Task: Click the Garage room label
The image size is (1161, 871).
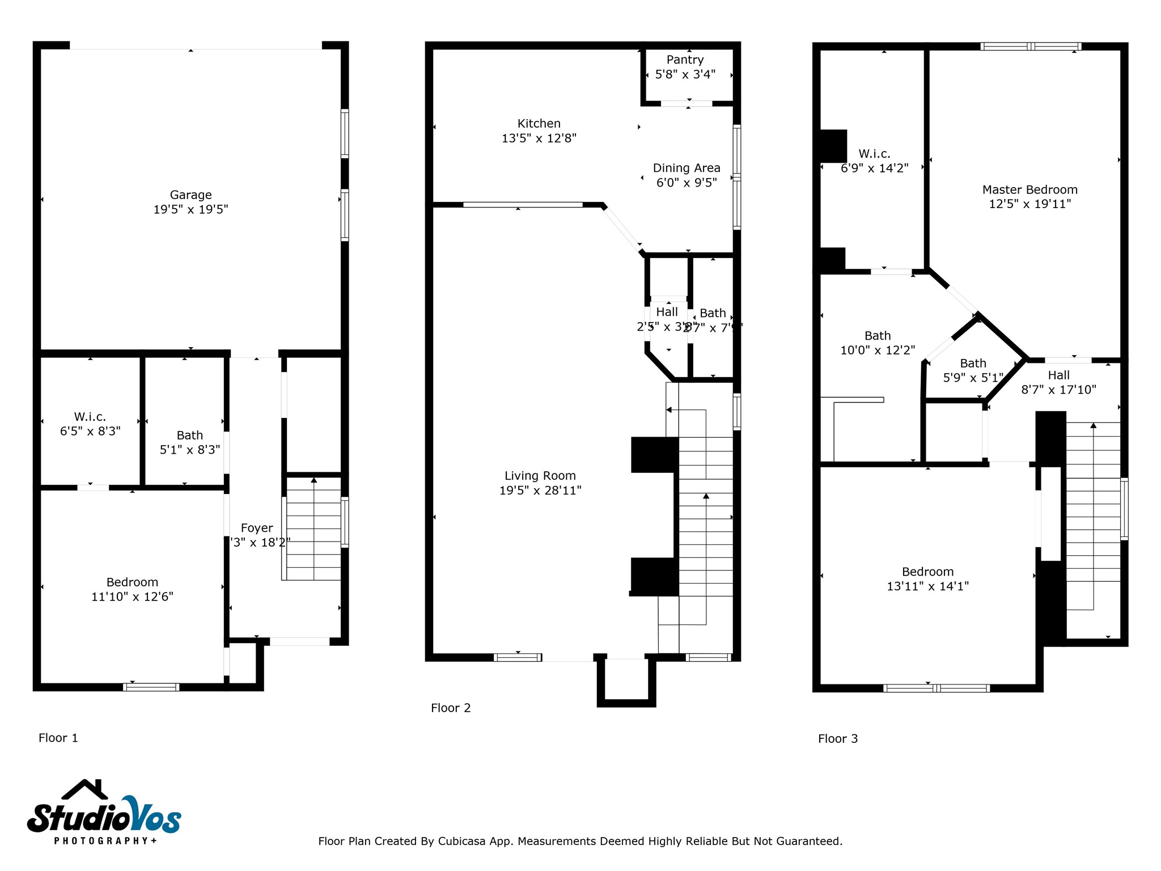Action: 190,195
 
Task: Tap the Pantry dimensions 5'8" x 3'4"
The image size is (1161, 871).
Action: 685,74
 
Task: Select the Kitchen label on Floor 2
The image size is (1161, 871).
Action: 539,124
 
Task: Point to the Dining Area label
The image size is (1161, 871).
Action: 686,168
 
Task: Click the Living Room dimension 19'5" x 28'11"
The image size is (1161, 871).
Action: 540,491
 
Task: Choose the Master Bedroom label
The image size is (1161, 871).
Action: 1029,190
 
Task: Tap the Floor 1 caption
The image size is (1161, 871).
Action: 58,738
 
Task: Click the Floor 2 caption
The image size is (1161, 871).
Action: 450,708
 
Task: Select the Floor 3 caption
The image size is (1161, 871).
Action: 837,738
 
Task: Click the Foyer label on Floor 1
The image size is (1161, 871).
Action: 257,528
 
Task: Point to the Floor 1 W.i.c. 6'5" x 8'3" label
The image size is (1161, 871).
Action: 90,424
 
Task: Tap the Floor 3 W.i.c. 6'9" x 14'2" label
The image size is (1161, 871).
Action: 874,161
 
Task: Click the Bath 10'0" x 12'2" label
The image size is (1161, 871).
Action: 877,343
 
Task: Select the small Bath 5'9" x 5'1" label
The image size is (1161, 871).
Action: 973,370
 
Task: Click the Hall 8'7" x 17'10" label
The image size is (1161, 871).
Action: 1058,382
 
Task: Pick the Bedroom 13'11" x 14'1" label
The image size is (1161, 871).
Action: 927,579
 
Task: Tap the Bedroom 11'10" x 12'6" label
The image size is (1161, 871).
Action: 132,589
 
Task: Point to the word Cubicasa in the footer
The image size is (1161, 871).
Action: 461,841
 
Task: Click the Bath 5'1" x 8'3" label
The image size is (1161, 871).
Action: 189,442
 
